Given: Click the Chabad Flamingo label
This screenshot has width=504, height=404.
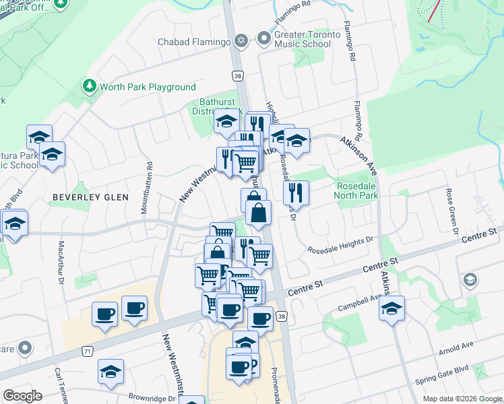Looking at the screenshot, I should coord(195,42).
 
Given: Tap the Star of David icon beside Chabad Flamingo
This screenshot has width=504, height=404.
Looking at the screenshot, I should coord(241,42).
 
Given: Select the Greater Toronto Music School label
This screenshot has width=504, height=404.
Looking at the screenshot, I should coord(303,39).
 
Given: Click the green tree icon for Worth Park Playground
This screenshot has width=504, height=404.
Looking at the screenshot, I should coord(88,86).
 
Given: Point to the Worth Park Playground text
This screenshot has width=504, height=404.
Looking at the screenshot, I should coord(148,87).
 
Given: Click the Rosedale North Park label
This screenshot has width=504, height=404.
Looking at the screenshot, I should coord(357,191).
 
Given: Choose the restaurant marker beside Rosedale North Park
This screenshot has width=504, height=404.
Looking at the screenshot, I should coord(296,194).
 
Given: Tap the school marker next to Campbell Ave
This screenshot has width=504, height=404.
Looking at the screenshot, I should coord(391,308).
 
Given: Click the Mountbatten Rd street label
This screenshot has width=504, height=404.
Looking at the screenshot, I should coord(144,188).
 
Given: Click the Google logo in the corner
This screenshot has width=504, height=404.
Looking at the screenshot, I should coord(23,396).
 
